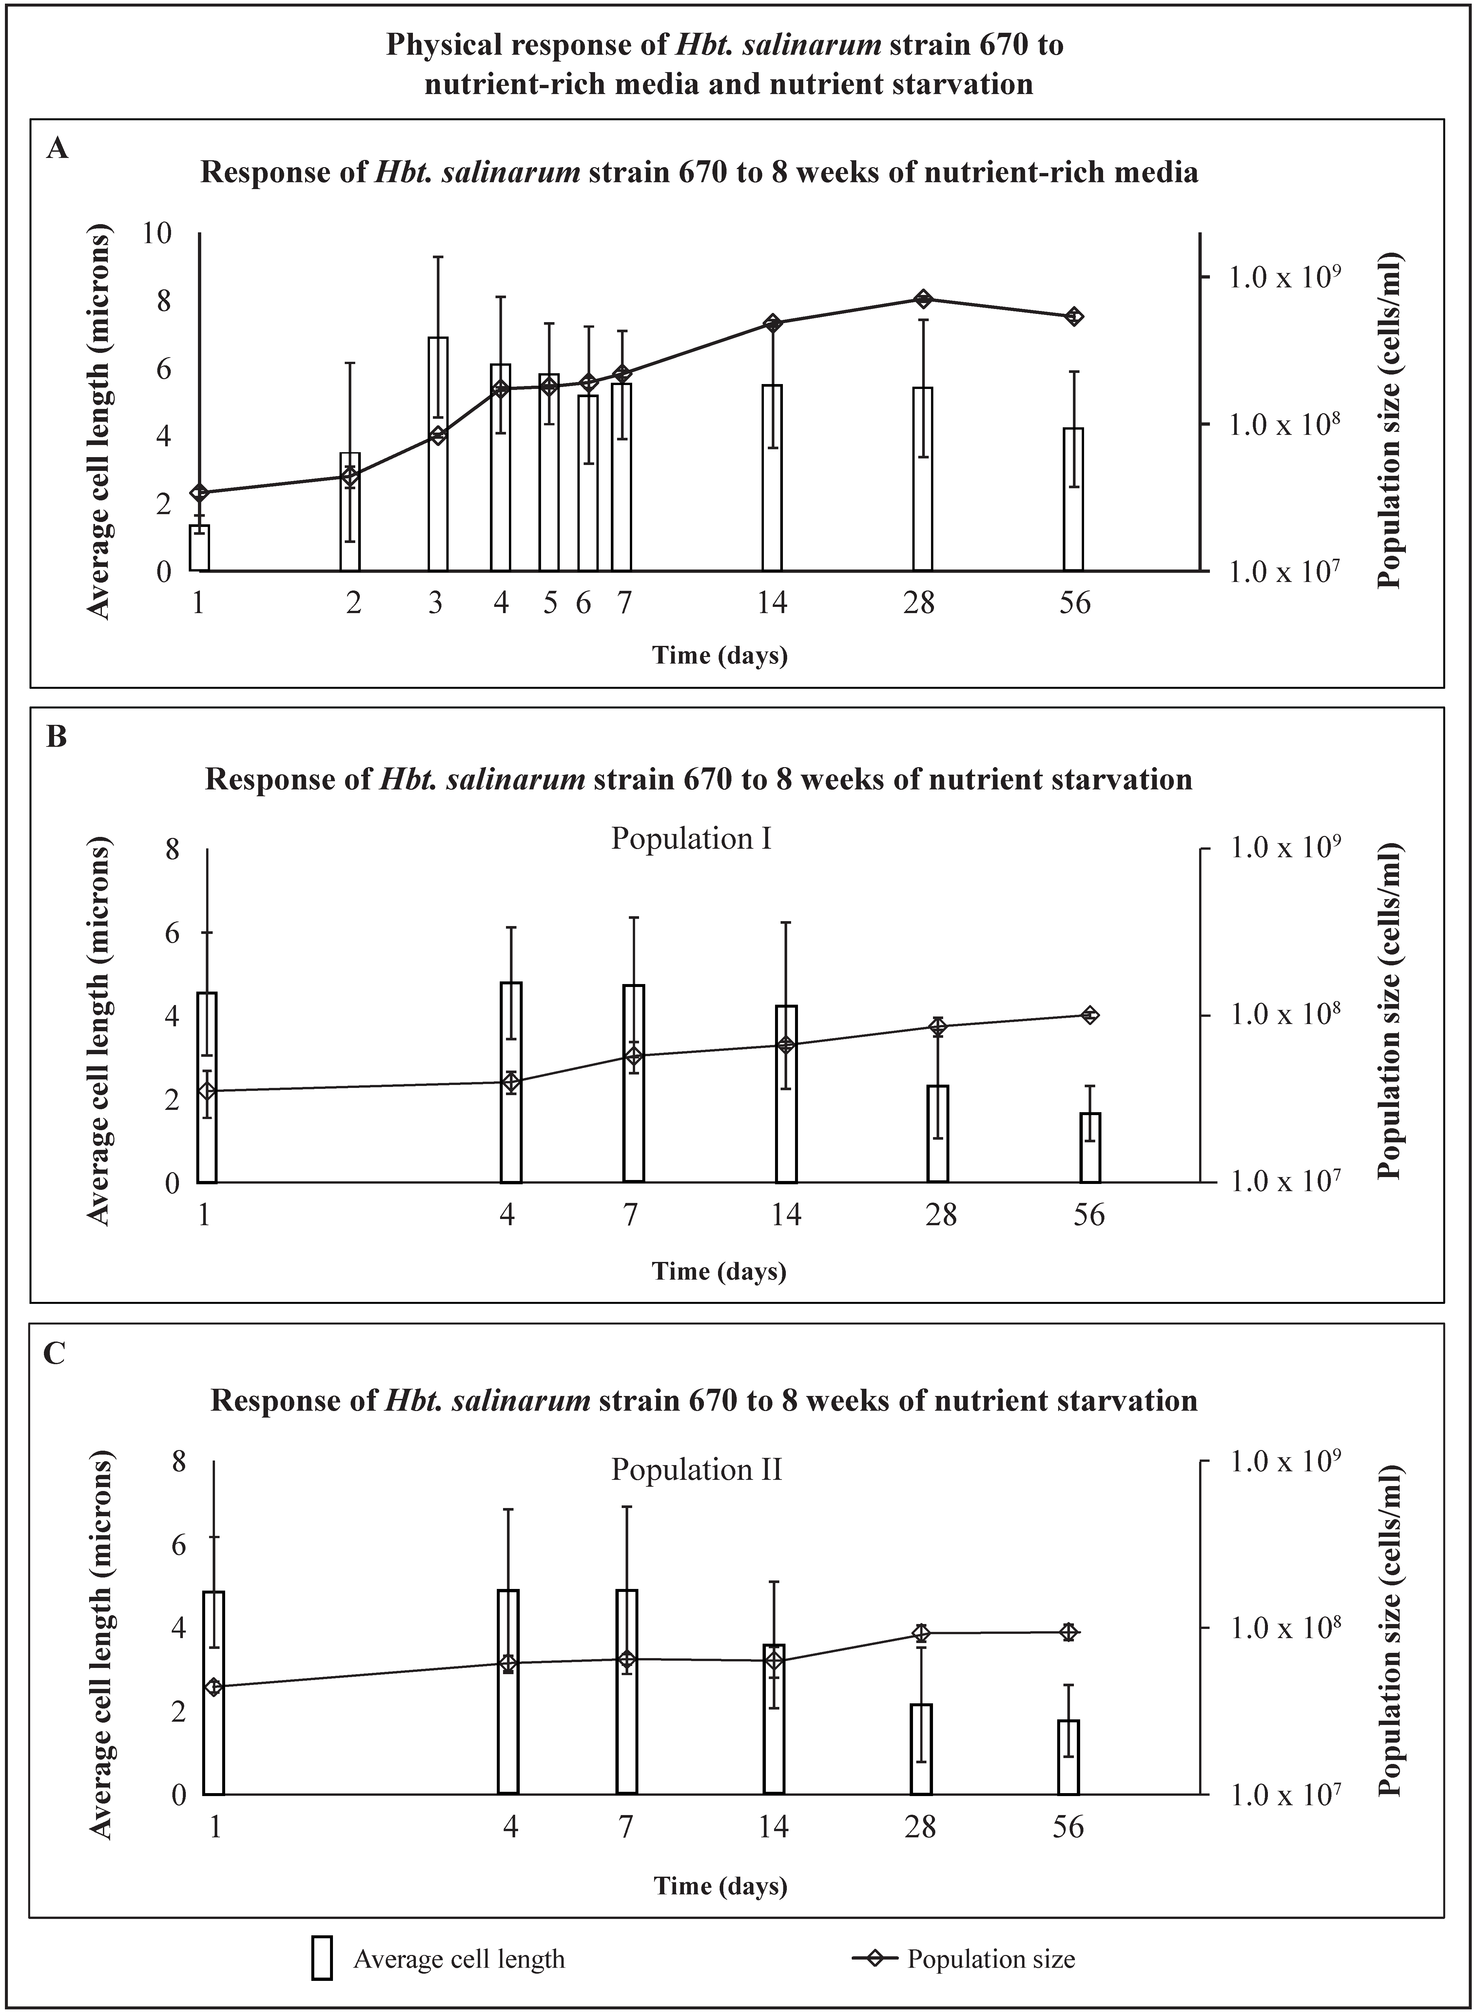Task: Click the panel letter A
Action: click(x=57, y=148)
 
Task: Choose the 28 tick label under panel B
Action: click(x=941, y=1215)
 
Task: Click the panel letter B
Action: click(x=56, y=738)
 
